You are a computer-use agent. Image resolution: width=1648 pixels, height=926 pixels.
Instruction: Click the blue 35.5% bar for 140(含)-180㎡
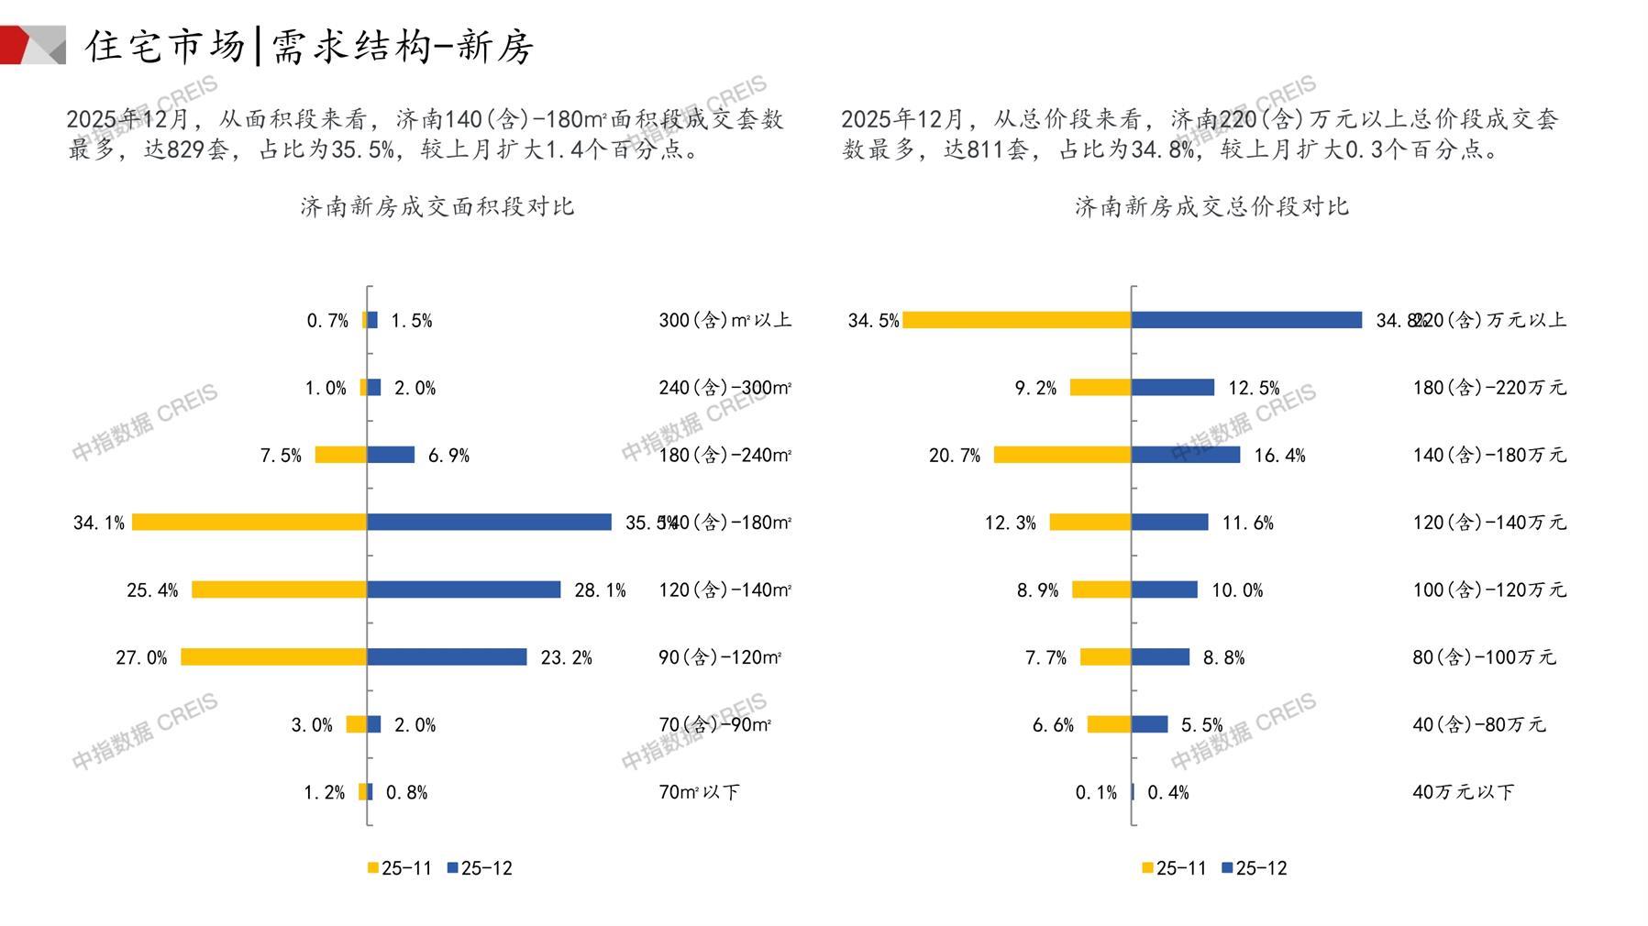point(489,522)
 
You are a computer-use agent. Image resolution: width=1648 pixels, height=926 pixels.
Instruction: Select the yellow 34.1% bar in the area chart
point(249,522)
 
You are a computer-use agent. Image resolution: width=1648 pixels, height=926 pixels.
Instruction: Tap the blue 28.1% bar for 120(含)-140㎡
point(463,590)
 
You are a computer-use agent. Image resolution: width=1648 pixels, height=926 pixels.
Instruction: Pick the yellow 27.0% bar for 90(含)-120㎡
point(273,656)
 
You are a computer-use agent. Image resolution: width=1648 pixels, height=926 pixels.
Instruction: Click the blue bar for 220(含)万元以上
point(1246,320)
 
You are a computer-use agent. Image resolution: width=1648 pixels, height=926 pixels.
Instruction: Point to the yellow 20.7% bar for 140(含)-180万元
point(1062,455)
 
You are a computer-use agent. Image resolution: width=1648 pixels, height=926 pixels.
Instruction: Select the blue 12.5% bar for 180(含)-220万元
point(1172,388)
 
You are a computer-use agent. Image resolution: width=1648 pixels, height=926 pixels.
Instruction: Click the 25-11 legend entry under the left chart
point(400,868)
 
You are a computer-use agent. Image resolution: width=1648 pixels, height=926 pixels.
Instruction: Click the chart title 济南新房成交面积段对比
point(437,206)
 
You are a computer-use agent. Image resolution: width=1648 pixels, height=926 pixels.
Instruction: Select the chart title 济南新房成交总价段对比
point(1211,206)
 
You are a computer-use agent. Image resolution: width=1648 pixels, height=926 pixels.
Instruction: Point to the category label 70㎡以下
point(699,792)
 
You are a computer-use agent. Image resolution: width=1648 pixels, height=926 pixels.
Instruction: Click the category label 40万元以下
point(1463,792)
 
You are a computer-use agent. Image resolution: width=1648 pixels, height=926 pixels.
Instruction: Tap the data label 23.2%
point(567,657)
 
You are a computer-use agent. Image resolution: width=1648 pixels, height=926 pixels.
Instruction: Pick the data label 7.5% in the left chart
point(281,456)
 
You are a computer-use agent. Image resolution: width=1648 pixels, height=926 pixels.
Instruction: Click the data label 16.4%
point(1279,456)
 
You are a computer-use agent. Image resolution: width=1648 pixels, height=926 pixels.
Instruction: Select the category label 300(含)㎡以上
point(724,320)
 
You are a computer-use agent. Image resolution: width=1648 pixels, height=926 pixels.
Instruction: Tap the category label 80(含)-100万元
point(1484,657)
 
